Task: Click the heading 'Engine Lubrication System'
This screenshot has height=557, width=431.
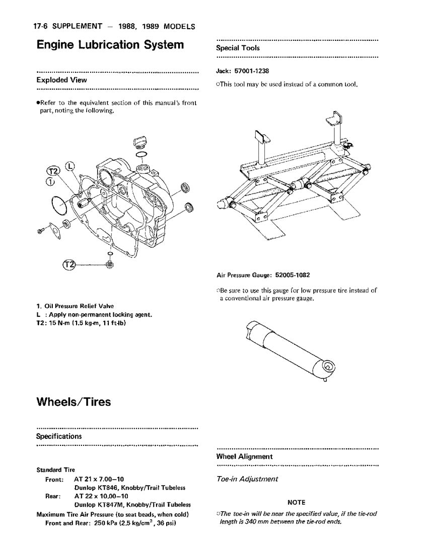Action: [x=110, y=45]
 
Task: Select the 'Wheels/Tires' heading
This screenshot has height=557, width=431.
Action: [x=74, y=402]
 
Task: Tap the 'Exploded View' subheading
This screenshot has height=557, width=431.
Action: [x=61, y=80]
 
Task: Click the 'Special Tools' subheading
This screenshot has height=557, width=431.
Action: [x=238, y=48]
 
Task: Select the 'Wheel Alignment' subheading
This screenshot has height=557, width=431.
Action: [x=244, y=457]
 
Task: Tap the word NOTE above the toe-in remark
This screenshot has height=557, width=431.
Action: [x=296, y=502]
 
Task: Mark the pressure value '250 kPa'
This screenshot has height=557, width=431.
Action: [x=106, y=523]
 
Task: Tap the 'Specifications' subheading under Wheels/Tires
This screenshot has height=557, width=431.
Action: [x=58, y=436]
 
